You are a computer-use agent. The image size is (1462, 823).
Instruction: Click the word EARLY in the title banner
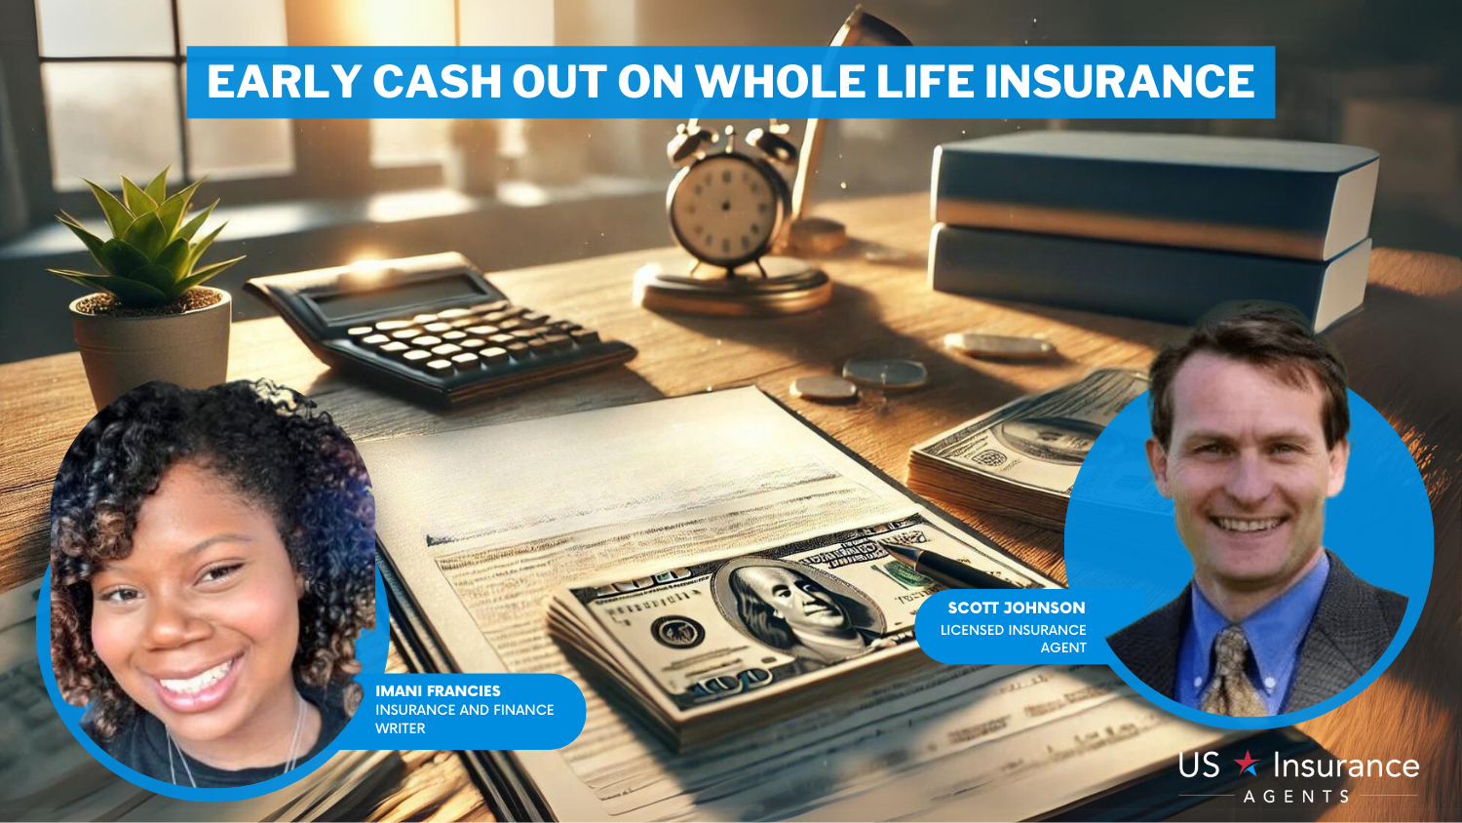click(285, 82)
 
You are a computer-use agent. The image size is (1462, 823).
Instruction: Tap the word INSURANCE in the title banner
click(1119, 82)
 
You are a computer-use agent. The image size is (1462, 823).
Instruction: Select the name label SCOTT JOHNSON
click(1017, 607)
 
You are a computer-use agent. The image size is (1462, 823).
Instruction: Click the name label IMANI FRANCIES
click(438, 690)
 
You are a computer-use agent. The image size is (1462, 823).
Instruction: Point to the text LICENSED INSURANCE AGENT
click(1013, 638)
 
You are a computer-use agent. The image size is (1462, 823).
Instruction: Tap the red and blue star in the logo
click(1247, 763)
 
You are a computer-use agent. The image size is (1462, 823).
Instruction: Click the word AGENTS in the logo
click(1296, 797)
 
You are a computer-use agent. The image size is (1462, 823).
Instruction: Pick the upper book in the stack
click(1155, 196)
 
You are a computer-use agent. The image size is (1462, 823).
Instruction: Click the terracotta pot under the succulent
click(151, 346)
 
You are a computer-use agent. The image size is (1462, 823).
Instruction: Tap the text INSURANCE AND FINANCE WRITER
click(464, 719)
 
